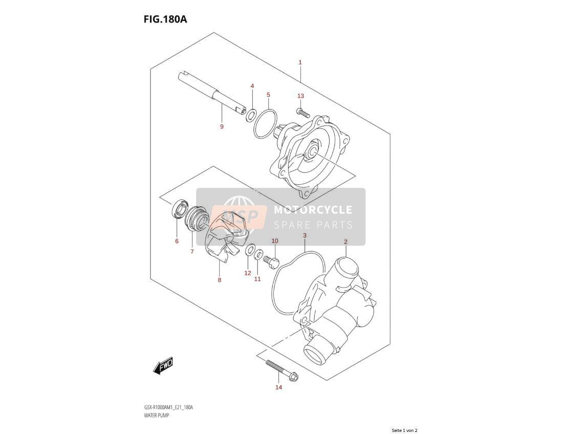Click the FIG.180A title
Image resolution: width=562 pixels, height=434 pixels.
pyautogui.click(x=165, y=19)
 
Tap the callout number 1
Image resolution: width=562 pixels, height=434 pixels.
pyautogui.click(x=300, y=62)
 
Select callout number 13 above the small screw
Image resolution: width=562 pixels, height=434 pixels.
pyautogui.click(x=300, y=96)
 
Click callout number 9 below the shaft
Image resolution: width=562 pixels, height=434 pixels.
pyautogui.click(x=222, y=126)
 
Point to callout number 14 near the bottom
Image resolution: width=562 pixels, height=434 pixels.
pyautogui.click(x=278, y=387)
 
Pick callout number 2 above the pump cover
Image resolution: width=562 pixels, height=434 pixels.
pyautogui.click(x=345, y=242)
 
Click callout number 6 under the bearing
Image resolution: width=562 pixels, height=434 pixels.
pyautogui.click(x=177, y=241)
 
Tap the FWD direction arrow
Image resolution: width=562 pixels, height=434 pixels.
pyautogui.click(x=163, y=365)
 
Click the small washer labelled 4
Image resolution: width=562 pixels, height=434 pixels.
pyautogui.click(x=251, y=115)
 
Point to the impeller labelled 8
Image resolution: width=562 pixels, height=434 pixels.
pyautogui.click(x=228, y=236)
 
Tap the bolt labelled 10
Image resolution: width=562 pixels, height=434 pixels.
pyautogui.click(x=271, y=262)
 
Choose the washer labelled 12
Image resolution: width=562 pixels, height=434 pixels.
pyautogui.click(x=250, y=250)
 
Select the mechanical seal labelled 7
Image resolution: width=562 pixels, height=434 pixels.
pyautogui.click(x=196, y=219)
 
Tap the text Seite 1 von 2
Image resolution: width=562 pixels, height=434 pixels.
pyautogui.click(x=405, y=430)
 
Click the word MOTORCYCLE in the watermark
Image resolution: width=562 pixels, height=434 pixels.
pyautogui.click(x=313, y=210)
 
